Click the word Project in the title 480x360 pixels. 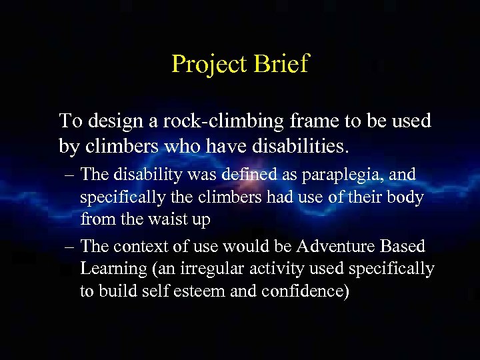(x=209, y=65)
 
